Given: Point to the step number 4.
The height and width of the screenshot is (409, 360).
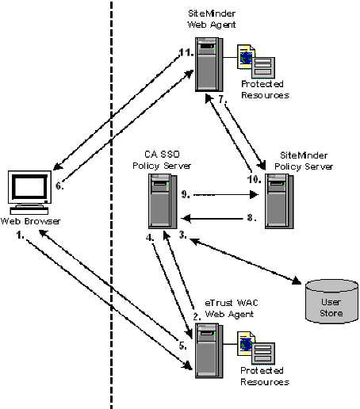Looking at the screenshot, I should point(149,236).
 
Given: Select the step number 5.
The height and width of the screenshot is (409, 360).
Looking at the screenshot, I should point(182,346).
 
